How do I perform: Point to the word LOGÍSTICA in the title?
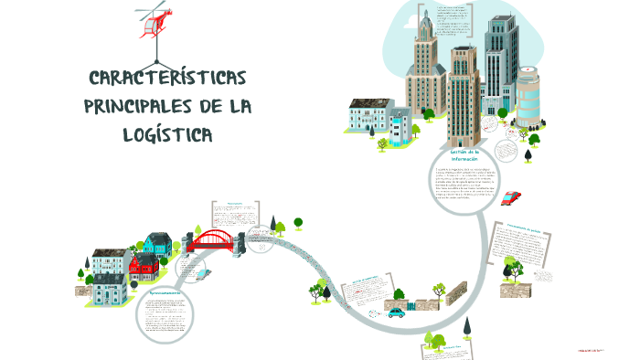(165, 135)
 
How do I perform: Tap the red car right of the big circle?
(512, 196)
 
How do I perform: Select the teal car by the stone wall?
(396, 312)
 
